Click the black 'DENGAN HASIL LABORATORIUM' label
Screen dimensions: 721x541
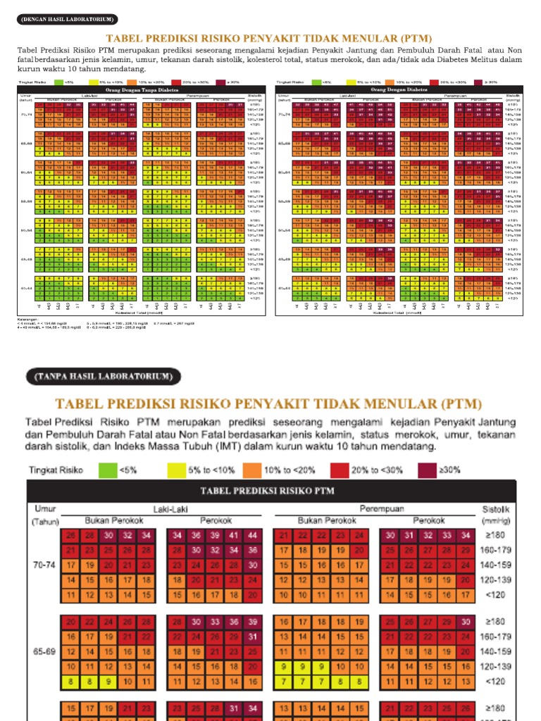(x=68, y=19)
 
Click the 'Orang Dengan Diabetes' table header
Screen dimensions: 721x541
(x=399, y=90)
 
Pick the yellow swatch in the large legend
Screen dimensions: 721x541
(x=178, y=469)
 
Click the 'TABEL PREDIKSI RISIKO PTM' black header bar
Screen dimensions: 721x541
(x=271, y=491)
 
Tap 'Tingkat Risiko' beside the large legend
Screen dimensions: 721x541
(x=56, y=469)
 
